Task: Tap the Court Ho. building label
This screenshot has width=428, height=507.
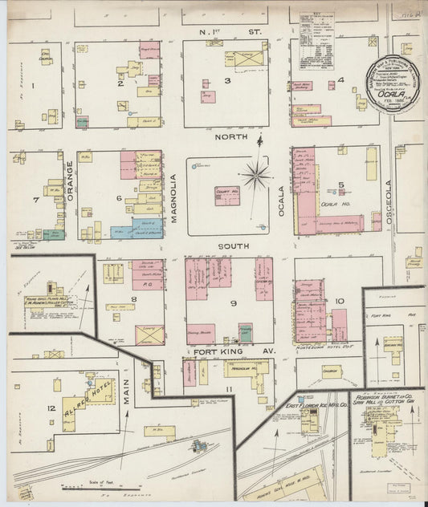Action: [226, 195]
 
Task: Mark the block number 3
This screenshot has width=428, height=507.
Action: [227, 81]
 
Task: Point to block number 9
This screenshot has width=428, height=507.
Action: [232, 303]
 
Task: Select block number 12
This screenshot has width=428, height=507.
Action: [51, 410]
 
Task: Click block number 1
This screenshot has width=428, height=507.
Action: [33, 84]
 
